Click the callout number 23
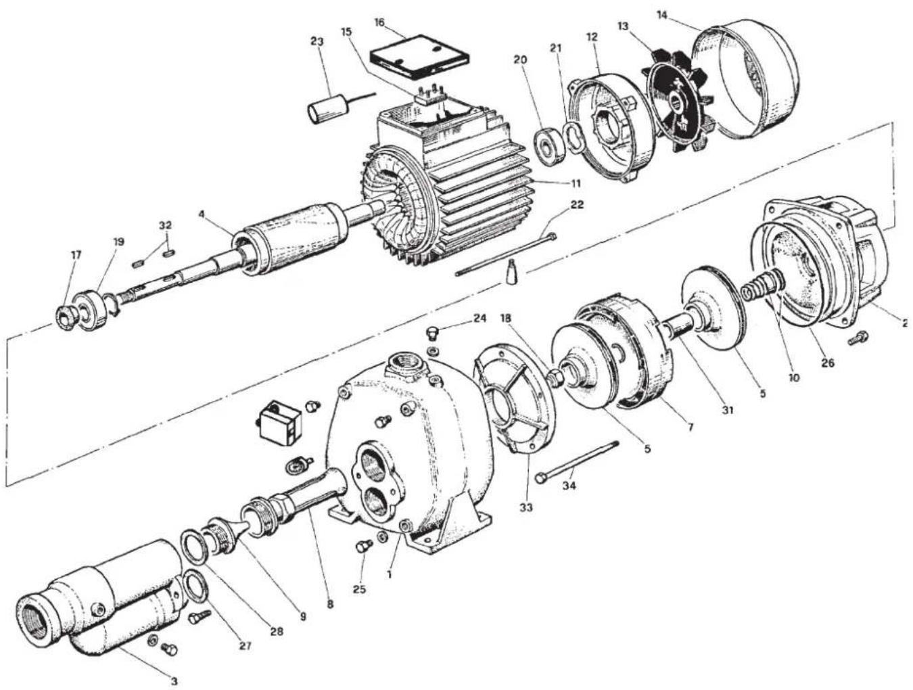pyautogui.click(x=317, y=41)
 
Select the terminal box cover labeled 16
pyautogui.click(x=419, y=58)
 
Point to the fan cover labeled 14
pyautogui.click(x=745, y=81)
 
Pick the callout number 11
pyautogui.click(x=576, y=183)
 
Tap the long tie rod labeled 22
pyautogui.click(x=506, y=254)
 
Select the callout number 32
pyautogui.click(x=165, y=226)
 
